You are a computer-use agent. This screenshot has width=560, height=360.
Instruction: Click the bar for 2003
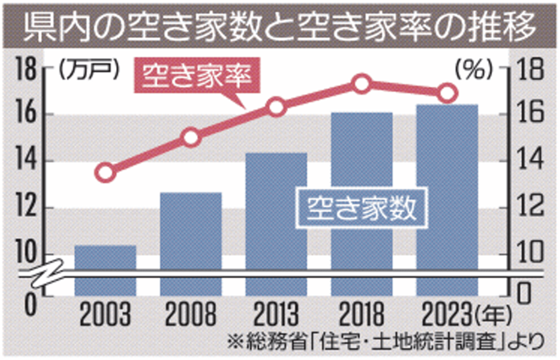[105, 270]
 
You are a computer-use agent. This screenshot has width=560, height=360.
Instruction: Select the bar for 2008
[191, 243]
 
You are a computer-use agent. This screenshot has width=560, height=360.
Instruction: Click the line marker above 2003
[105, 173]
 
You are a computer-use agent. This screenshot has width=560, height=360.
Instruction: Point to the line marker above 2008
[191, 137]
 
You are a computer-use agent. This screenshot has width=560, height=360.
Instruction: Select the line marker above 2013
[276, 107]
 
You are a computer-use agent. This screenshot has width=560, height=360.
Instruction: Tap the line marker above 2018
[362, 84]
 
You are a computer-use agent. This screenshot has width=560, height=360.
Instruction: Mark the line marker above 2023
[447, 94]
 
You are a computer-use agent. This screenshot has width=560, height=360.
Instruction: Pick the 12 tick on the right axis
[532, 208]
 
